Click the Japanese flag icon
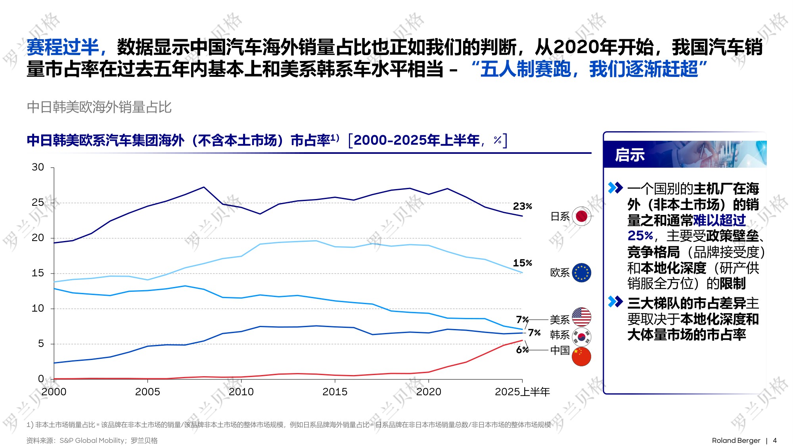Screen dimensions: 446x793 (x=581, y=216)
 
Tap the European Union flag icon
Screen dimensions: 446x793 (x=581, y=273)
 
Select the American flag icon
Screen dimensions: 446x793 (x=581, y=317)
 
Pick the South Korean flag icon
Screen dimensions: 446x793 (x=581, y=337)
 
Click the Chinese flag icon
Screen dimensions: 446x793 (x=581, y=356)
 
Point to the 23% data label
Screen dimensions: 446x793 (x=522, y=206)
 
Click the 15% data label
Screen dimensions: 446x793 (x=522, y=263)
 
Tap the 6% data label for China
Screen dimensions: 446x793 (x=522, y=350)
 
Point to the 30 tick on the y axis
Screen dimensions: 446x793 (x=38, y=167)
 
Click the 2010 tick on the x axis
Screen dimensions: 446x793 (x=241, y=392)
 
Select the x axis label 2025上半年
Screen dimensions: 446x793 (x=522, y=392)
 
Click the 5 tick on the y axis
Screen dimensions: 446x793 (x=41, y=344)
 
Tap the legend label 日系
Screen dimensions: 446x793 (x=560, y=216)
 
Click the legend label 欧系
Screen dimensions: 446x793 (x=560, y=273)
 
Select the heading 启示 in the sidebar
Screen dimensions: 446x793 (x=630, y=155)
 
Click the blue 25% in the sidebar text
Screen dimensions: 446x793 (x=640, y=236)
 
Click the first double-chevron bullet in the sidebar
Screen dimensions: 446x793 (x=615, y=188)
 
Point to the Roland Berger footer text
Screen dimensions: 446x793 (x=736, y=440)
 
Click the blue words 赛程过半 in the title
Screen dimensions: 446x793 (x=63, y=48)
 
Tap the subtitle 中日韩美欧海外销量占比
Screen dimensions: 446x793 (x=99, y=107)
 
